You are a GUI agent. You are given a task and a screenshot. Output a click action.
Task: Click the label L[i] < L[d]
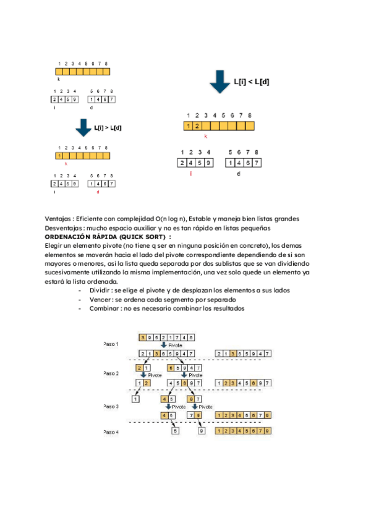(250, 82)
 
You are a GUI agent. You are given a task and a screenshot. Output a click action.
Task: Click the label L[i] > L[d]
(108, 128)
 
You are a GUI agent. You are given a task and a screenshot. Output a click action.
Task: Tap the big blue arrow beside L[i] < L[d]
(220, 82)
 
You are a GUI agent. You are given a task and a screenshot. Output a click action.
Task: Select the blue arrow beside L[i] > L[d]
(83, 128)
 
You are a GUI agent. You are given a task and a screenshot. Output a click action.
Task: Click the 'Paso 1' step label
(111, 344)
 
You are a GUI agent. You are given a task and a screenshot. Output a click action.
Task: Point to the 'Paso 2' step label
(111, 373)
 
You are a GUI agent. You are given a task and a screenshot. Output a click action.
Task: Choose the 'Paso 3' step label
(111, 406)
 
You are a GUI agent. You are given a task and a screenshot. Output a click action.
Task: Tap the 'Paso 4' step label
(111, 432)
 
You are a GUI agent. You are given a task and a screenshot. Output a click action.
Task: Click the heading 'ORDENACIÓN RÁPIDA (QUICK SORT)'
(108, 237)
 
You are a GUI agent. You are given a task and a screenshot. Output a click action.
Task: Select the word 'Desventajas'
(65, 228)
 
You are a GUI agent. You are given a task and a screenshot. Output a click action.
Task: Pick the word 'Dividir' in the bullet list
(100, 290)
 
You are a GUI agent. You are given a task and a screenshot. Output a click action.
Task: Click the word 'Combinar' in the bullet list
(103, 308)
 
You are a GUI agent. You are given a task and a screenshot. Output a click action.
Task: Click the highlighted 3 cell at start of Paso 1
(143, 337)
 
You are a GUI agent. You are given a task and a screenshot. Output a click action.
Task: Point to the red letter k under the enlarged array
(205, 136)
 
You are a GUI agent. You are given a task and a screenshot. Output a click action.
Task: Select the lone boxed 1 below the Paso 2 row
(135, 400)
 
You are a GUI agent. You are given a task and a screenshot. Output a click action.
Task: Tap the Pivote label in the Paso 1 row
(176, 345)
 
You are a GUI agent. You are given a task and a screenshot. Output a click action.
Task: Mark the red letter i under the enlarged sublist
(191, 174)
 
